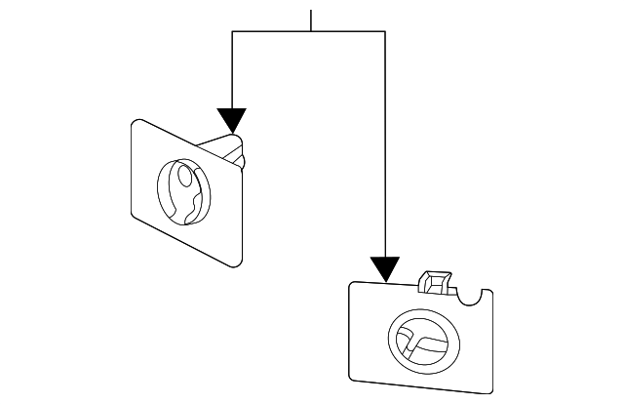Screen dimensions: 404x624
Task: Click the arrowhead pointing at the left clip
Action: tap(231, 120)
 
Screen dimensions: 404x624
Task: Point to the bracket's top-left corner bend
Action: tap(232, 32)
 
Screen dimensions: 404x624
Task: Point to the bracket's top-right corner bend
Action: tap(385, 32)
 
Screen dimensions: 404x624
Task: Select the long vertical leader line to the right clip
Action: tap(385, 146)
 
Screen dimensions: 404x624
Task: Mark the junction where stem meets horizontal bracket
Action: tap(310, 32)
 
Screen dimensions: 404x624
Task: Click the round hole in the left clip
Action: tap(183, 193)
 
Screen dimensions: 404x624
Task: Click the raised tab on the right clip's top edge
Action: tap(435, 283)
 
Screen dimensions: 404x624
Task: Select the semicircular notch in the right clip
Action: tap(475, 295)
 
